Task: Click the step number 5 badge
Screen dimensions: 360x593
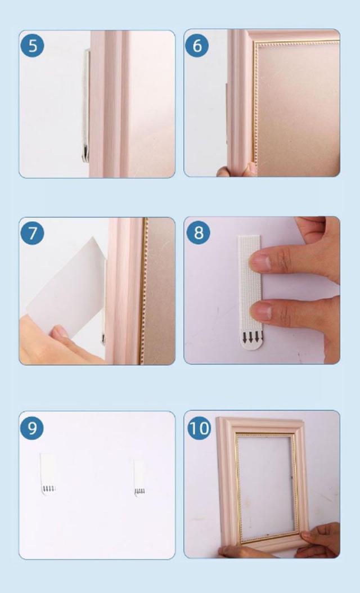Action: (32, 46)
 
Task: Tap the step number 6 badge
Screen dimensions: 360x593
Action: (197, 46)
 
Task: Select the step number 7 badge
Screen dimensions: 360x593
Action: (32, 233)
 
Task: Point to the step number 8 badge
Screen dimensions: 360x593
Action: (198, 232)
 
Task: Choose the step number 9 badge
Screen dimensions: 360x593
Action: (32, 428)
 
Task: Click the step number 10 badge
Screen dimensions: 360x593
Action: (199, 428)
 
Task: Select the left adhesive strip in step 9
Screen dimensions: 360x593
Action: (48, 474)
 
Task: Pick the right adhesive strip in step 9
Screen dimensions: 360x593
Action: (139, 478)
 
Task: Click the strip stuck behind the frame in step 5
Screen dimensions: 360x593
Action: (86, 106)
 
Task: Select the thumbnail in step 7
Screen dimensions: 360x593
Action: (60, 332)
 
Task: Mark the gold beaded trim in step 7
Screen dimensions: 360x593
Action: (143, 291)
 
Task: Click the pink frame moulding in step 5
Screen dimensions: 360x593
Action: (110, 104)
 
